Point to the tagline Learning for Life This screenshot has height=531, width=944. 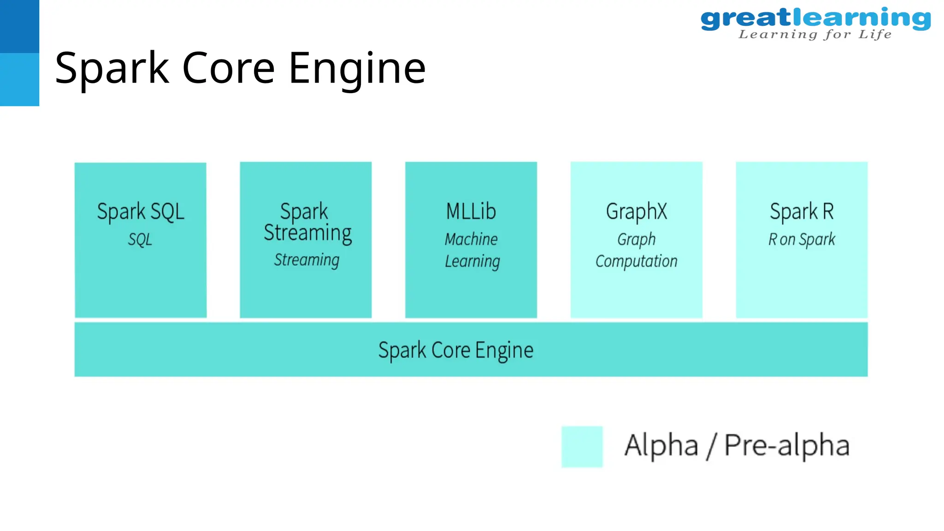[815, 35]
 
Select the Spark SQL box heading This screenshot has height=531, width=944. [141, 212]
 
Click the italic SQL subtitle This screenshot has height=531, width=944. [140, 240]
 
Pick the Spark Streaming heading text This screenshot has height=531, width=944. [307, 222]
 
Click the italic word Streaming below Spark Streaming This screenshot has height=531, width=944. [307, 260]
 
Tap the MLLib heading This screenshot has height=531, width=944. [471, 212]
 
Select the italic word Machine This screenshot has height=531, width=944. [471, 239]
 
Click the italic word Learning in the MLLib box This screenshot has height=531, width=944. [472, 261]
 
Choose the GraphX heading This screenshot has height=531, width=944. [636, 212]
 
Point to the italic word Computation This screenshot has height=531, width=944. [636, 261]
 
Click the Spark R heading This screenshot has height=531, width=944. [802, 212]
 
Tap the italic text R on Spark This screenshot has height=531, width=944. [802, 240]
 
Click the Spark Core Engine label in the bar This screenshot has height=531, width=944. [456, 350]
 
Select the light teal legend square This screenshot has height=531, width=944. [582, 447]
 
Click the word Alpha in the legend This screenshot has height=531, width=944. [661, 445]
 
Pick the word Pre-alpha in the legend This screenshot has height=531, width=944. [786, 445]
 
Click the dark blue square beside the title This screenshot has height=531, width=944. [19, 26]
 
